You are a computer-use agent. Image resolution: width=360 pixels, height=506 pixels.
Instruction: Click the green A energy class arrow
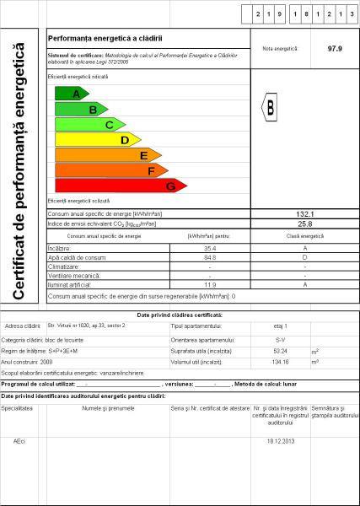[72, 94]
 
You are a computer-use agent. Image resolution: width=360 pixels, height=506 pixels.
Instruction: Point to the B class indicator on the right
[271, 108]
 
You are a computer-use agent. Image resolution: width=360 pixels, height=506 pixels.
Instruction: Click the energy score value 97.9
[335, 49]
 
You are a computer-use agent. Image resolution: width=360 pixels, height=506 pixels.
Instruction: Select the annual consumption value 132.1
[305, 215]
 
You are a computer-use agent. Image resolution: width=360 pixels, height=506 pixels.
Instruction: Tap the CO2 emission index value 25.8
[305, 224]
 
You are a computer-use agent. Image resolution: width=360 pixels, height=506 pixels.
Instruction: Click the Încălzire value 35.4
[211, 249]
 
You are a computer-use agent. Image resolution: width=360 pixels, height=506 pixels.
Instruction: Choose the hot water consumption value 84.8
[211, 258]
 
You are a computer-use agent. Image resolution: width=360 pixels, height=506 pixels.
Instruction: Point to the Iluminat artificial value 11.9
[211, 285]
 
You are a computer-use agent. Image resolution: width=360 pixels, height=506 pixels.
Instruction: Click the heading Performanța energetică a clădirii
[105, 39]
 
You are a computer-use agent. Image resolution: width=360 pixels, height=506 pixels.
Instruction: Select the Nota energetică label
[280, 49]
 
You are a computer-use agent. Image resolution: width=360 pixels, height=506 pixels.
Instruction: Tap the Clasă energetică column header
[304, 237]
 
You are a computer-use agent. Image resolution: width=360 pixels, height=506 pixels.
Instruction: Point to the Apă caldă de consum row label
[78, 258]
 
